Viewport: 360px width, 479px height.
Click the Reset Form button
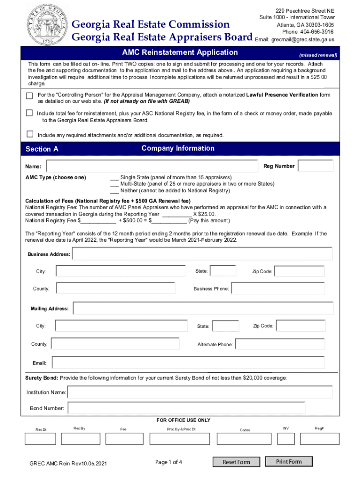[236, 462]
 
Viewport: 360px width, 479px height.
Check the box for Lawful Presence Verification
[29, 95]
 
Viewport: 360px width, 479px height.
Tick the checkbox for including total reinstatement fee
[29, 113]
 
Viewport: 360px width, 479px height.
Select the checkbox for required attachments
[29, 134]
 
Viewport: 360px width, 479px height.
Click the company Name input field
[152, 166]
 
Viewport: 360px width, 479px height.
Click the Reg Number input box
[315, 166]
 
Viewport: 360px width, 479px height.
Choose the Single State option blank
[115, 178]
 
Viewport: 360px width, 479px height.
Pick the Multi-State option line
[115, 184]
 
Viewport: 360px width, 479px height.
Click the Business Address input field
[202, 254]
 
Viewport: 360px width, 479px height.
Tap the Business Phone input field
[281, 288]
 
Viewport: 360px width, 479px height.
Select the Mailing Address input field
[203, 308]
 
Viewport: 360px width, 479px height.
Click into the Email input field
[188, 363]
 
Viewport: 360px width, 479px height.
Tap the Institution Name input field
[200, 392]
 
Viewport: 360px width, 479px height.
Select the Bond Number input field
[185, 408]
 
